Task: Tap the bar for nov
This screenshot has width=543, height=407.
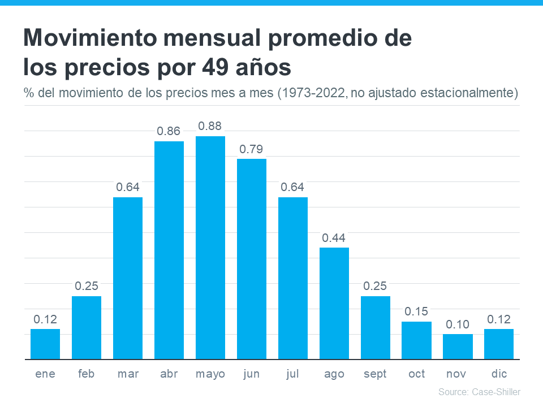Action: (458, 347)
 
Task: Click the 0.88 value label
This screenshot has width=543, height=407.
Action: (210, 126)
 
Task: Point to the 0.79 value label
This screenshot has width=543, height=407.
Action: (252, 149)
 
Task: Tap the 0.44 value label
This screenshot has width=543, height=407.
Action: (334, 238)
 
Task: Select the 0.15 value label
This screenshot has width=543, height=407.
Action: (417, 311)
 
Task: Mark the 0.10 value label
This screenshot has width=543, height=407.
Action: (458, 324)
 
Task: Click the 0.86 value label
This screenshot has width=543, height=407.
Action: (169, 131)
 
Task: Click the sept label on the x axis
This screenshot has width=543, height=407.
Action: (376, 374)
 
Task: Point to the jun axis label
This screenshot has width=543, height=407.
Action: (252, 374)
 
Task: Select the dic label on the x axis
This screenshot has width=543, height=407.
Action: (499, 374)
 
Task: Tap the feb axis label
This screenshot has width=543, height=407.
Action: (87, 374)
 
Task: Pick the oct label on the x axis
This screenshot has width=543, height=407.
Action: (417, 374)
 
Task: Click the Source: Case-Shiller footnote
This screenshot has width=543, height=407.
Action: (479, 392)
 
